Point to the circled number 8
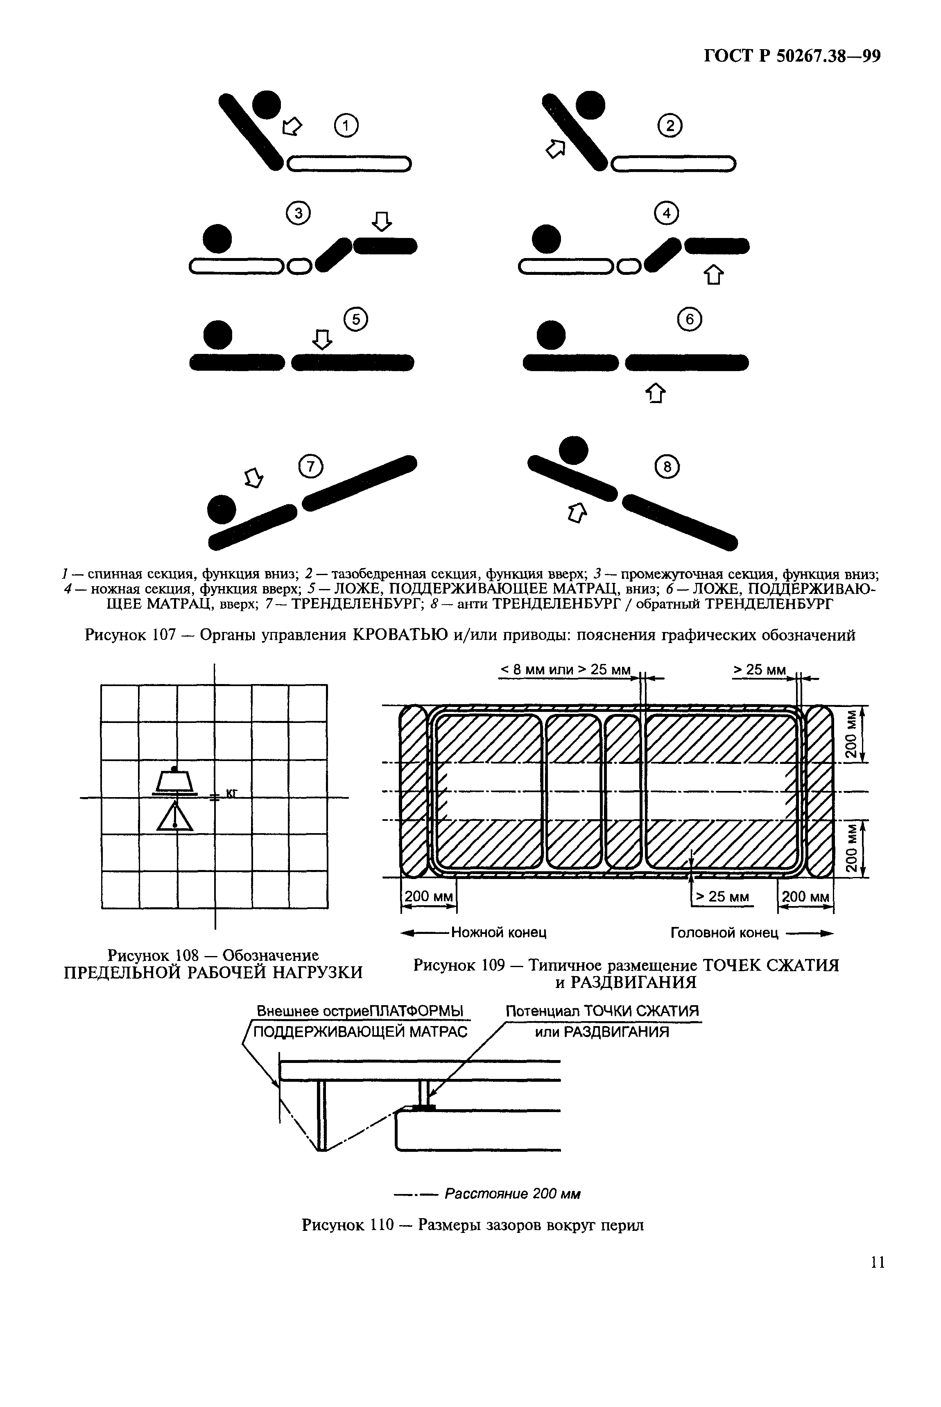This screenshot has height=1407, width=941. [667, 467]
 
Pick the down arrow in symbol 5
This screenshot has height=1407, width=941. [322, 339]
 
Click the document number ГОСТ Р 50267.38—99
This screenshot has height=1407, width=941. [792, 57]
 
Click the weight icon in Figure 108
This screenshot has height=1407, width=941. [174, 781]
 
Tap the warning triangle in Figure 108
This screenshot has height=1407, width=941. [174, 817]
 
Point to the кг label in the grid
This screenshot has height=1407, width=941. [232, 794]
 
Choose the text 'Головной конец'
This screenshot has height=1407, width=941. [724, 932]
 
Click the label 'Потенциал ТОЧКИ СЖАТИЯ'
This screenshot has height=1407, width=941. [602, 1011]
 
